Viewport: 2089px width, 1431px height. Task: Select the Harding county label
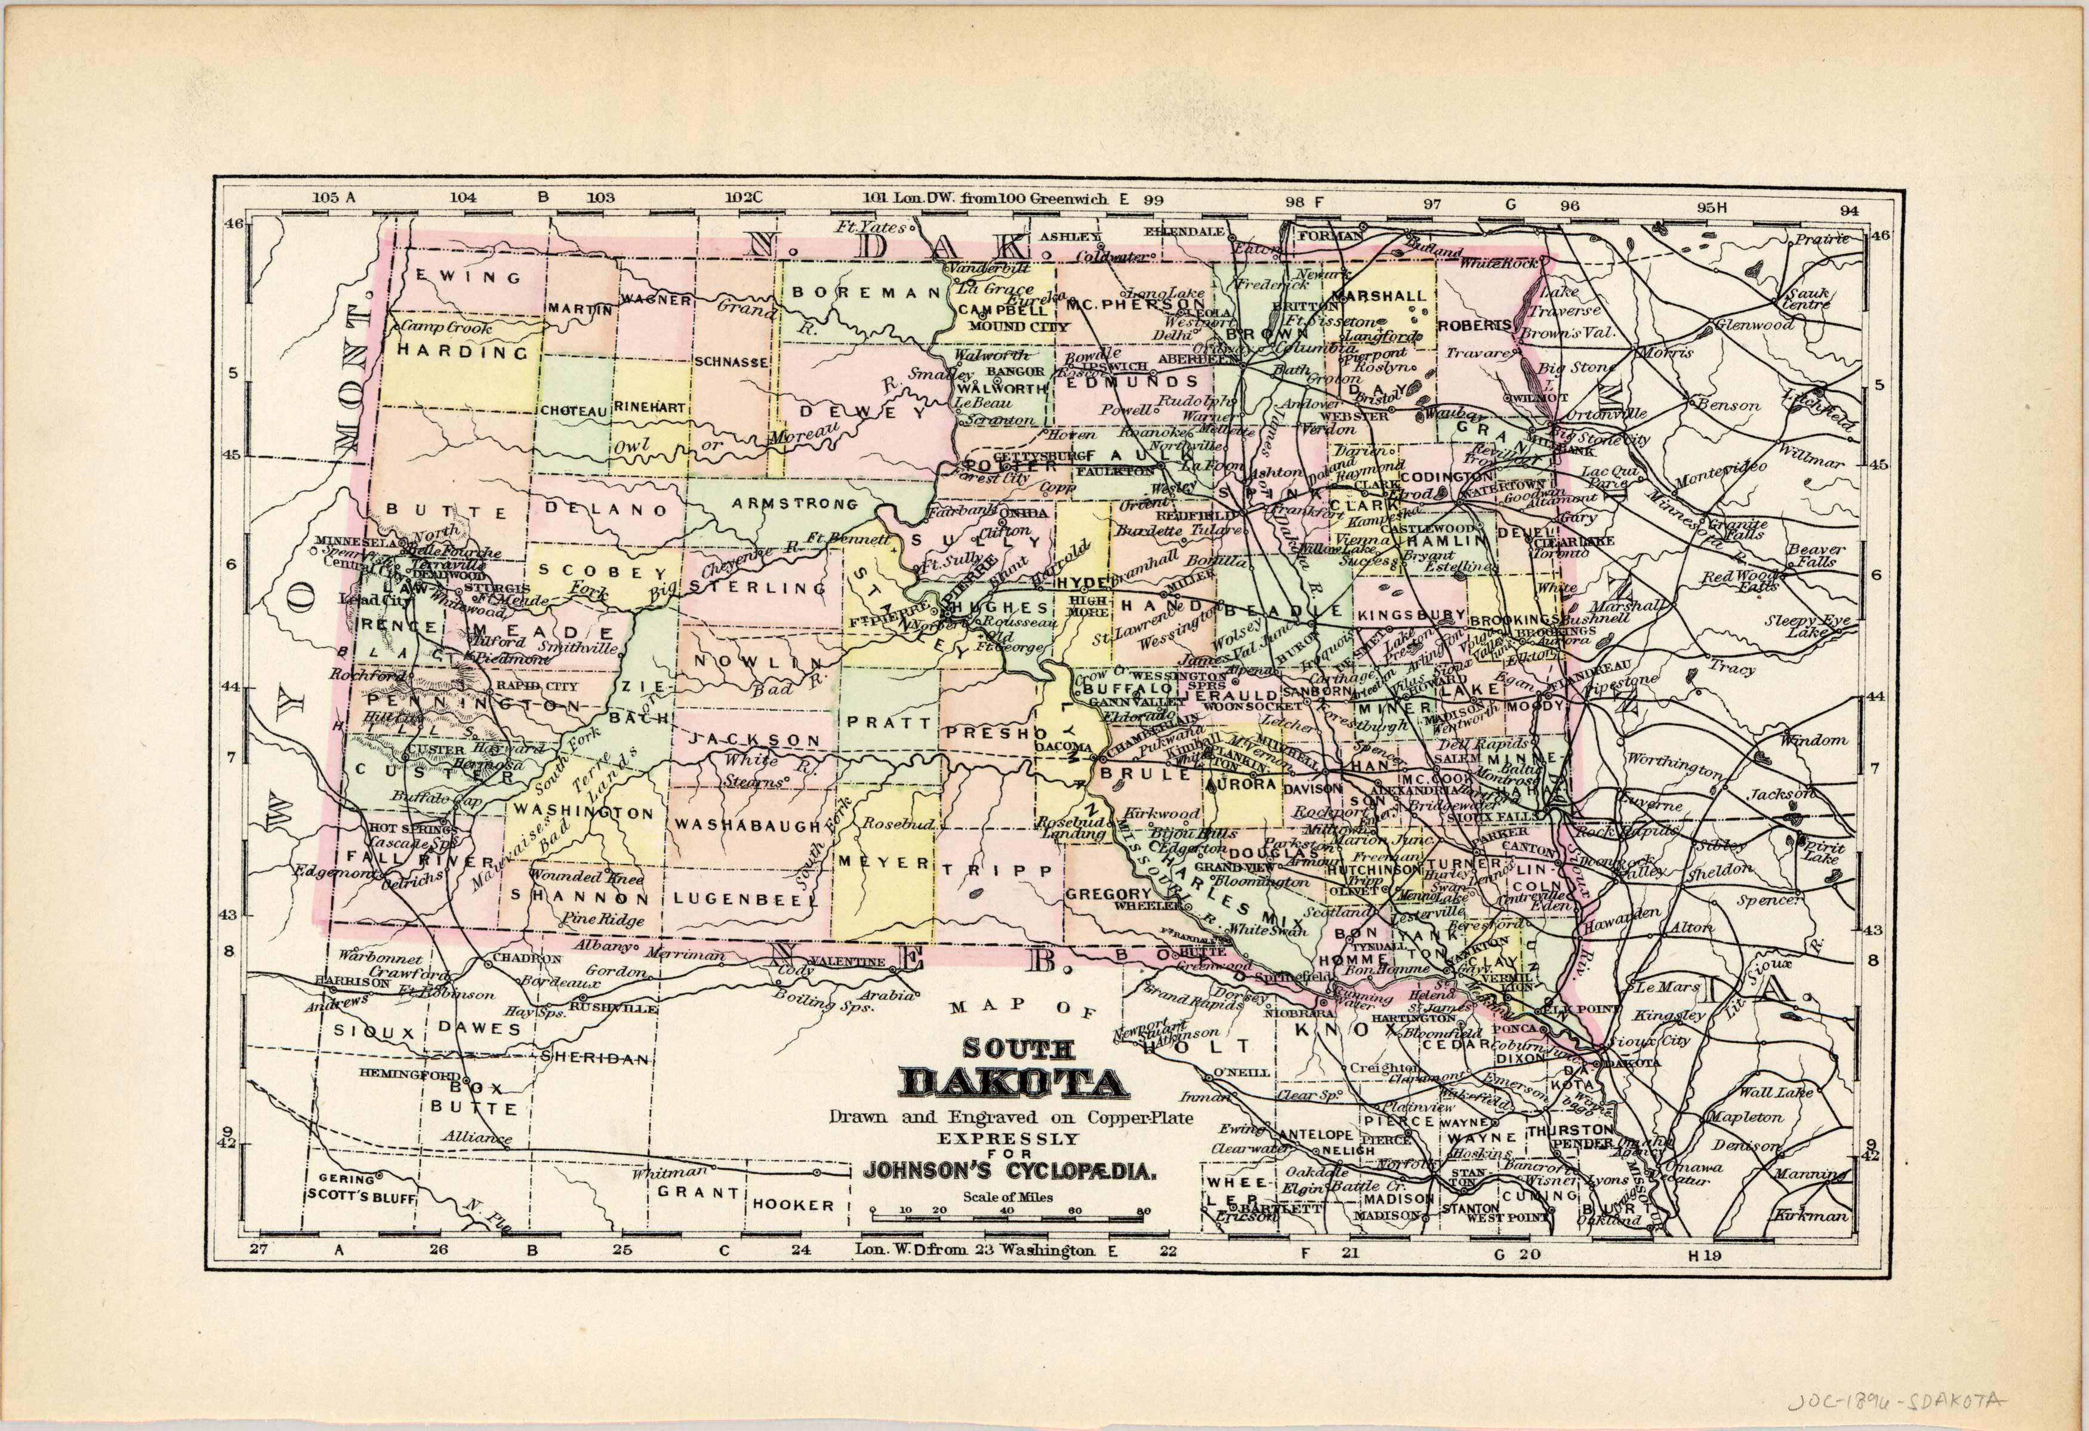tap(463, 352)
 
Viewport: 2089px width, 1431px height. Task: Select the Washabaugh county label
tap(748, 825)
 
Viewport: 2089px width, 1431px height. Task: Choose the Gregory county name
tap(1107, 894)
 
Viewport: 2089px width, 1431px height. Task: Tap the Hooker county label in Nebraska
tap(793, 1205)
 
